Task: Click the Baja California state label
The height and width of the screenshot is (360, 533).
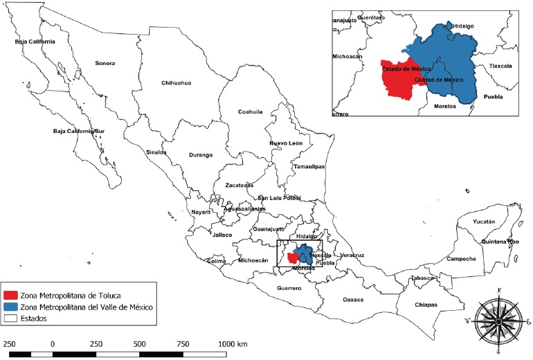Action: point(35,42)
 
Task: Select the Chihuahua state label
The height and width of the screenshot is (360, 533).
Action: point(176,83)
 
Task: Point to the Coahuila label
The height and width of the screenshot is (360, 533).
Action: point(251,111)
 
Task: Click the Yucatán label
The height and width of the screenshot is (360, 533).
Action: point(484,222)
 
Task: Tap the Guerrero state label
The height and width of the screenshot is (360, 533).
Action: point(289,287)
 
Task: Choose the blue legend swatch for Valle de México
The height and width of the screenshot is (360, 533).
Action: point(10,307)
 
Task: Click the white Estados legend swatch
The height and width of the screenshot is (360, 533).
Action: point(10,319)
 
